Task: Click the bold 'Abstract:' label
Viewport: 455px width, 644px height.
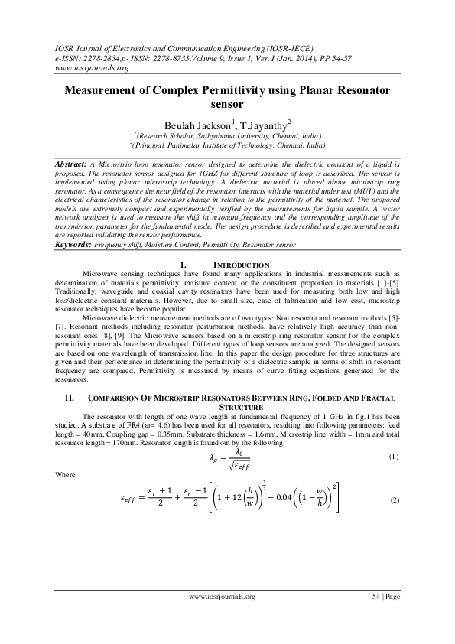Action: [75, 164]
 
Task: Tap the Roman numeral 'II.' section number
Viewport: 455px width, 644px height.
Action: [68, 398]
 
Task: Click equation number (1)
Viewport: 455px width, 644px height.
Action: [394, 457]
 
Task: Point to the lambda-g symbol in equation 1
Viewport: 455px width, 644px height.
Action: [215, 459]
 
